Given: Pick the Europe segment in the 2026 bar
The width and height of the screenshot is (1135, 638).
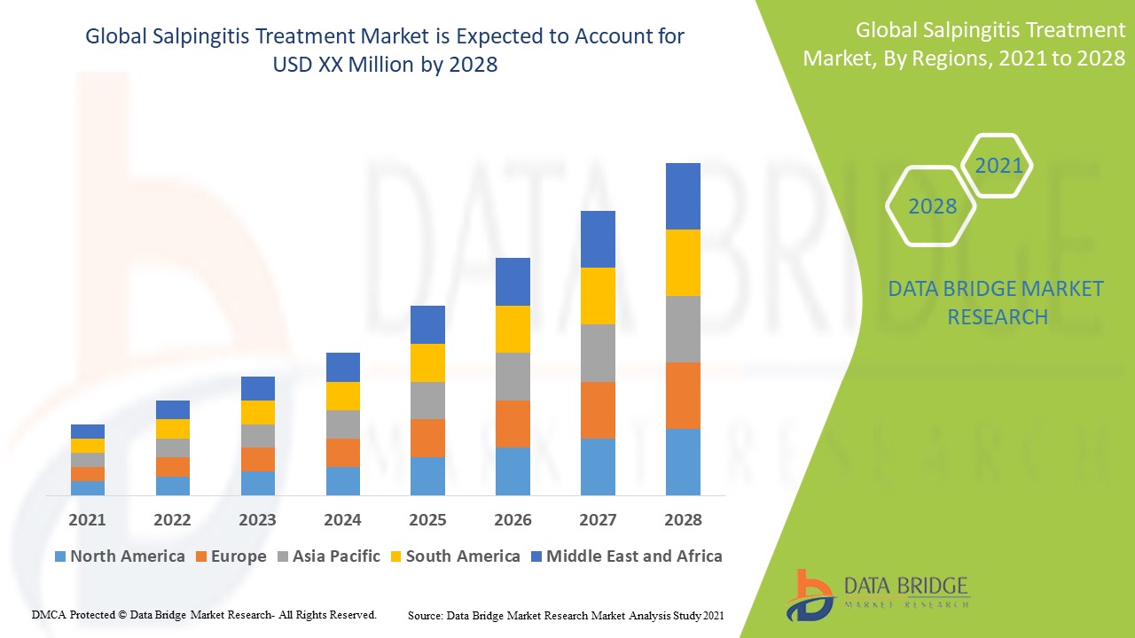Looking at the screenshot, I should [x=513, y=424].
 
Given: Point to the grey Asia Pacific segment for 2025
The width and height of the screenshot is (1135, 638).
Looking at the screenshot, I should [x=427, y=401].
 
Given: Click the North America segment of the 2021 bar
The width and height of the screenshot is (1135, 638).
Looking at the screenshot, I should [x=88, y=488].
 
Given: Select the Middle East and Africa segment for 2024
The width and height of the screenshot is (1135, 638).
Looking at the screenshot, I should [x=343, y=367].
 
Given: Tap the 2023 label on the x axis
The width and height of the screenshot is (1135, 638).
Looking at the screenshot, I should [x=257, y=520].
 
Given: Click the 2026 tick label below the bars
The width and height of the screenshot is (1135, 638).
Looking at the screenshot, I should [x=513, y=520].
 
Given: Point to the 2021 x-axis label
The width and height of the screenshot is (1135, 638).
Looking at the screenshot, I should [x=88, y=520].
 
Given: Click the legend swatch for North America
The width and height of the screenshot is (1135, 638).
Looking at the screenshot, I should [x=60, y=556].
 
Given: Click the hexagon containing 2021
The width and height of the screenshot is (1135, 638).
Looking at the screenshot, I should [x=998, y=166].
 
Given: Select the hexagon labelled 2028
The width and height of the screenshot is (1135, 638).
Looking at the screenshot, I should [x=932, y=206].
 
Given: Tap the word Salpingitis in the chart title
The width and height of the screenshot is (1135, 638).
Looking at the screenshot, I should [x=208, y=37].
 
